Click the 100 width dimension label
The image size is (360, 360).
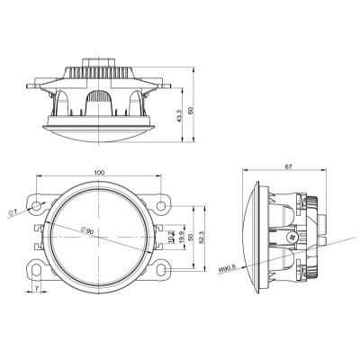pyautogui.click(x=98, y=172)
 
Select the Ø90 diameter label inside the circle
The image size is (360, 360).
pyautogui.click(x=87, y=230)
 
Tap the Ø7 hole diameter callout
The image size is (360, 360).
pyautogui.click(x=13, y=213)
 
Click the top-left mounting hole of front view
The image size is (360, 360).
pyautogui.click(x=37, y=207)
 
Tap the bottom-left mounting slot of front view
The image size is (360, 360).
pyautogui.click(x=36, y=268)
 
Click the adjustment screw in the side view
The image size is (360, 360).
pyautogui.click(x=292, y=237)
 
